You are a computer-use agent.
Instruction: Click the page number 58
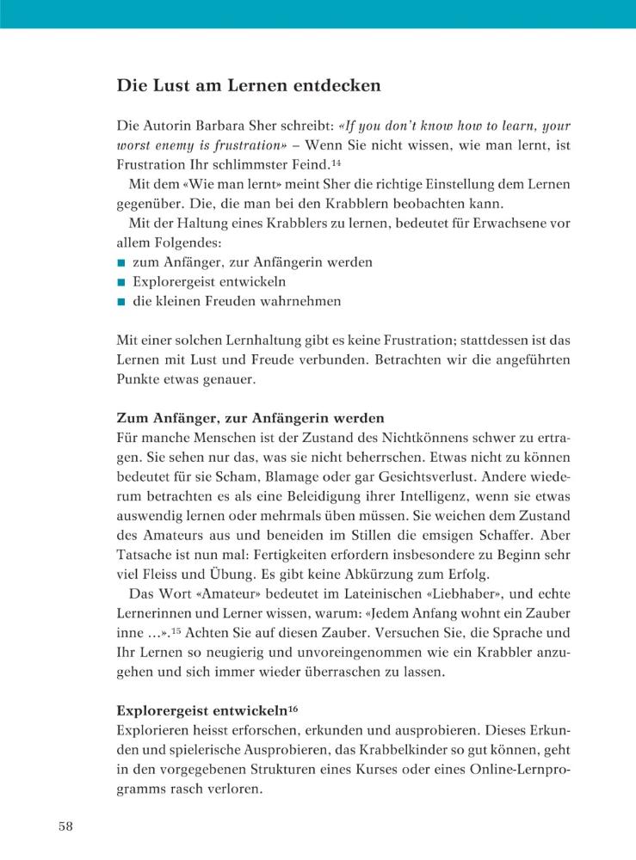[65, 827]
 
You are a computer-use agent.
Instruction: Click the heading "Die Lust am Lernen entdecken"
[249, 86]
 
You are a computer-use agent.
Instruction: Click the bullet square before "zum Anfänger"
[121, 262]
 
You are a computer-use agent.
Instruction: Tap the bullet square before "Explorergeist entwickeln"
[121, 282]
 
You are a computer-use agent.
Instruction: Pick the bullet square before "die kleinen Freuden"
[121, 302]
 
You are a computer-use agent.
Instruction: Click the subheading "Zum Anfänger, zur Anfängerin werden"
[250, 419]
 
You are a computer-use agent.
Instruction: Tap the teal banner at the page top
[318, 14]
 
